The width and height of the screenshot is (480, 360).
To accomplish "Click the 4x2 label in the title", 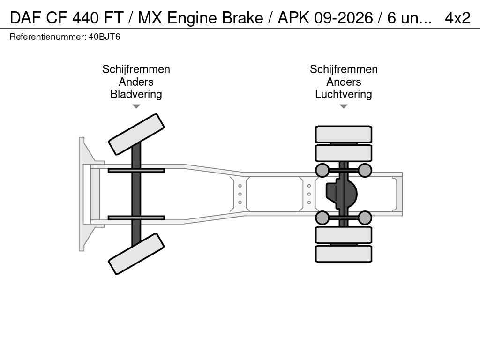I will [457, 18].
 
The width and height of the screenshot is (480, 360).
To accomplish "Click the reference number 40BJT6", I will [105, 37].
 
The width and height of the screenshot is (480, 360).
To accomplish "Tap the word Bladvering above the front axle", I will [136, 94].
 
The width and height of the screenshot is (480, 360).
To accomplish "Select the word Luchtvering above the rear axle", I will [343, 94].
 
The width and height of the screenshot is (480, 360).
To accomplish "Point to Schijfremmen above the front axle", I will [136, 69].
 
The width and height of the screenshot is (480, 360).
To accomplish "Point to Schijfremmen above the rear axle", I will [343, 69].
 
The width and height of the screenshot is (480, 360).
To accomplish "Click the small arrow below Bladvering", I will [136, 106].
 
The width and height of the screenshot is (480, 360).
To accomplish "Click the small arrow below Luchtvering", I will [343, 106].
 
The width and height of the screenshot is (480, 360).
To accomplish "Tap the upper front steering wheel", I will [136, 134].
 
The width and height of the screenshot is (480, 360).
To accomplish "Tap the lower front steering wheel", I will [136, 254].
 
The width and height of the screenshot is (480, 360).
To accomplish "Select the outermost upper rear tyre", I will [343, 134].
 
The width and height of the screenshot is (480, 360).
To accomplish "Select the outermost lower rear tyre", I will [343, 254].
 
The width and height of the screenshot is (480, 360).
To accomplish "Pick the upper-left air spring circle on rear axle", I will [322, 170].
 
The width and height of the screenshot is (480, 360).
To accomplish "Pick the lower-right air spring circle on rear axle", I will [365, 217].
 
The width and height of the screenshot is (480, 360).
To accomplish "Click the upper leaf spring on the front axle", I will [136, 170].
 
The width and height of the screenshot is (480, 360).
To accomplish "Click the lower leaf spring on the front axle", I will [136, 217].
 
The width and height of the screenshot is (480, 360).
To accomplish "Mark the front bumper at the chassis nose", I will [82, 194].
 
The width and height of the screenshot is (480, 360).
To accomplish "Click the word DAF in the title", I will [26, 18].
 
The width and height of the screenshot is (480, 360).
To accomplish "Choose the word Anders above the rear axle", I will [343, 82].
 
